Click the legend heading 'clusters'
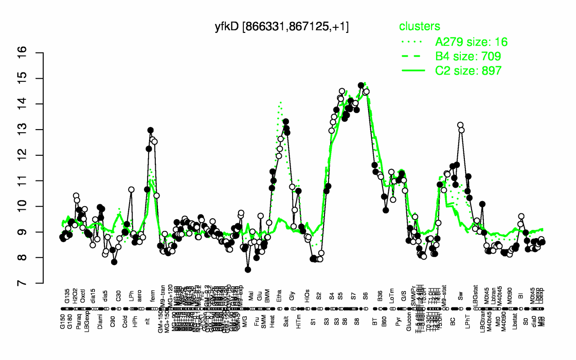[x=419, y=27]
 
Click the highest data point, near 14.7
[x=361, y=85]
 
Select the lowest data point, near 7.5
[x=248, y=270]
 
